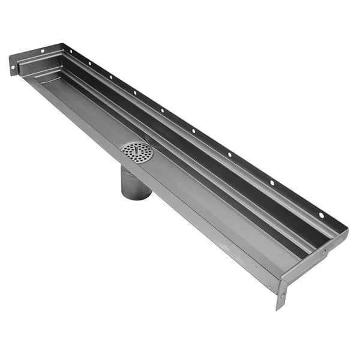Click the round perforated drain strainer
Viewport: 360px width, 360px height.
click(x=137, y=152)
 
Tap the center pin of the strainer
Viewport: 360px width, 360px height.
click(x=137, y=152)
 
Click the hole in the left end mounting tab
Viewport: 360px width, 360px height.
click(x=13, y=67)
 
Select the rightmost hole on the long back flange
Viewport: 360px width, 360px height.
click(x=321, y=215)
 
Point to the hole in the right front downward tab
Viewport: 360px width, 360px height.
click(x=281, y=295)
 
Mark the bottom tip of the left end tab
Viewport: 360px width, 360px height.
click(x=13, y=75)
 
